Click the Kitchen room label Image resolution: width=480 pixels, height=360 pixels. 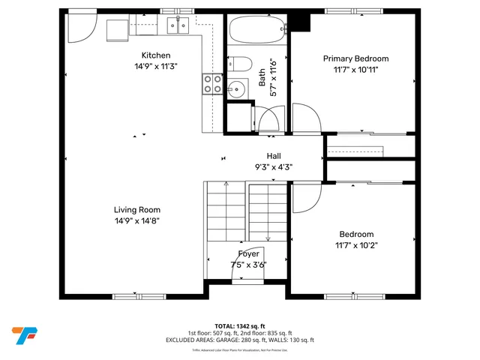pos(156,55)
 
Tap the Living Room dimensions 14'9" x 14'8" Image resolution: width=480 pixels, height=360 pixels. pos(137,220)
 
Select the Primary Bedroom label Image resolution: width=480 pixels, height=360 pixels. pos(356,58)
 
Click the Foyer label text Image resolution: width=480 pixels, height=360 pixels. pos(249,254)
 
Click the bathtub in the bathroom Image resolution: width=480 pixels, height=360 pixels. pos(256,31)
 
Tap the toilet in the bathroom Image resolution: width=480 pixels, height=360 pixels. pos(241,64)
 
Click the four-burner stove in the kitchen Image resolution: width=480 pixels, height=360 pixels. pos(213,84)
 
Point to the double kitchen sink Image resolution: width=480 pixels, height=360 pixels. pos(177,26)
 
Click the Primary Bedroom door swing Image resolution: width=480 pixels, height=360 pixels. pos(303,120)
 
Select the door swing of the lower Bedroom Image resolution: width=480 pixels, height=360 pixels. pos(304,197)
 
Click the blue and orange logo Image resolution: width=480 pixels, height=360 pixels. pos(25,334)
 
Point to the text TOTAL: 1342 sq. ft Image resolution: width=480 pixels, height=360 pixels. pos(240,326)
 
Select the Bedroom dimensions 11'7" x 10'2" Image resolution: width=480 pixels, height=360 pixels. pos(356,243)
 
